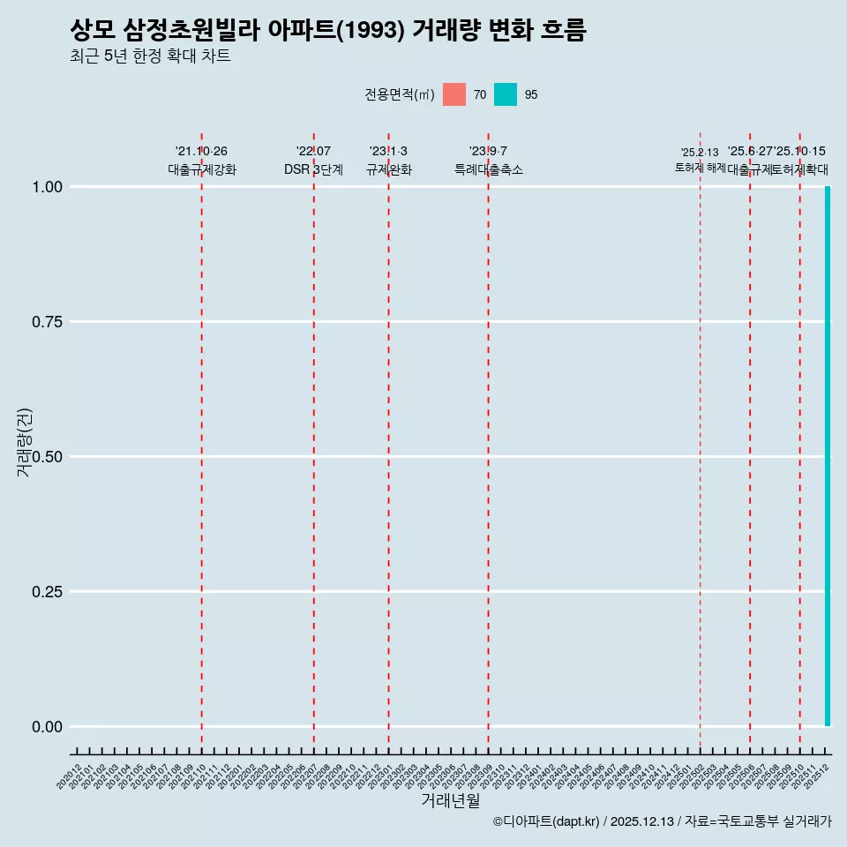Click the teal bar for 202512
(828, 456)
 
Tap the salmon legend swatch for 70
(454, 94)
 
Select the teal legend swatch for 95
(506, 94)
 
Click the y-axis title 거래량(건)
(24, 442)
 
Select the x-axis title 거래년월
(450, 800)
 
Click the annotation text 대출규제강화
(202, 169)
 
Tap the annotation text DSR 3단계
(313, 169)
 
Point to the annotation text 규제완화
(389, 169)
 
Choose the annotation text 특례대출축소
(489, 169)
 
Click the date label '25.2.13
(700, 153)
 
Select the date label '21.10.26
(202, 152)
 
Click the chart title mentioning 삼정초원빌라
(327, 30)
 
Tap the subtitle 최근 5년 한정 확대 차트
(150, 56)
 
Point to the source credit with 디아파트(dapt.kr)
(662, 821)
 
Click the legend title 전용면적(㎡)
(399, 94)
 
